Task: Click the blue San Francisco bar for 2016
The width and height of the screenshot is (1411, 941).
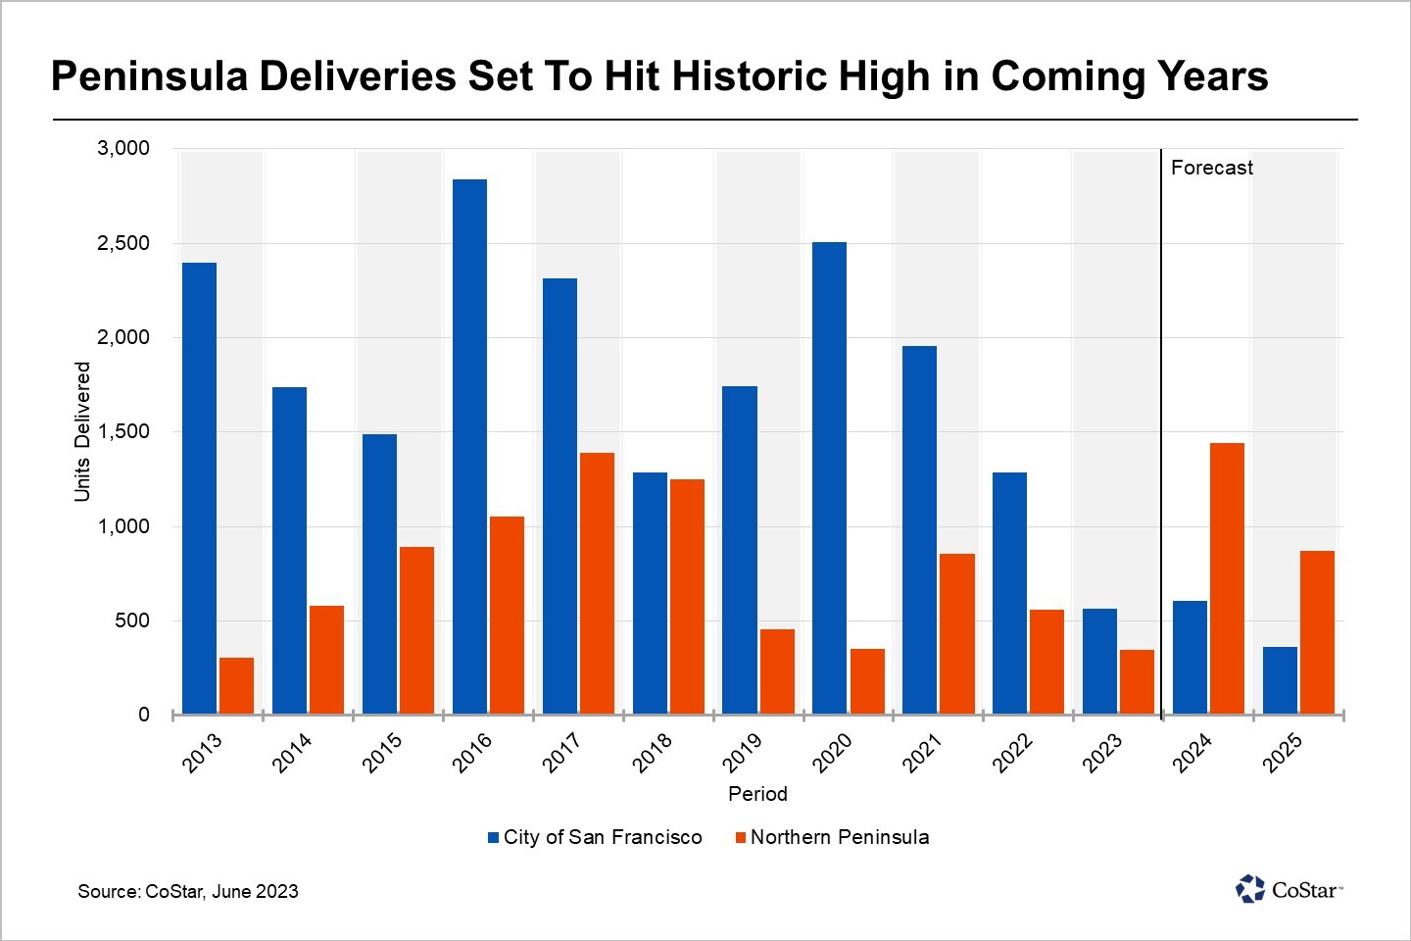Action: [469, 446]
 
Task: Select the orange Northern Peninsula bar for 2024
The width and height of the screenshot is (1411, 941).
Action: [1227, 578]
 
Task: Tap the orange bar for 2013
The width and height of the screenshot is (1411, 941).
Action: [236, 685]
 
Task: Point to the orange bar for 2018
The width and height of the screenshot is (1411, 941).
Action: [687, 596]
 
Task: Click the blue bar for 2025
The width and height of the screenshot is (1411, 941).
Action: [1280, 680]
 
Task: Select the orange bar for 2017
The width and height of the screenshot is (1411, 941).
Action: [597, 583]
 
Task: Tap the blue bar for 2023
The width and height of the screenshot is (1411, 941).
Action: [1099, 661]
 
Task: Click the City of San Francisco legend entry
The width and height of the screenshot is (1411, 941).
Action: [596, 837]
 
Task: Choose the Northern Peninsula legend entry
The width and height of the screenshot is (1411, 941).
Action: [832, 837]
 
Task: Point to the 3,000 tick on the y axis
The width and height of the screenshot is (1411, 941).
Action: [123, 148]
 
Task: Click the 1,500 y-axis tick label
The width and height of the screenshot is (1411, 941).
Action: [123, 431]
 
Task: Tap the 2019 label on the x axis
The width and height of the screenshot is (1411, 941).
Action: [742, 753]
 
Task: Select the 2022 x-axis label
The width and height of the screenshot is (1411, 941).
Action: [1012, 753]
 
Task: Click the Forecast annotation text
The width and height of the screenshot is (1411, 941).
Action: [1211, 168]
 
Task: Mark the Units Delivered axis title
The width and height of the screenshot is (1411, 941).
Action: [82, 431]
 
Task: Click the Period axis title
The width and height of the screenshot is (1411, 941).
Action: [757, 794]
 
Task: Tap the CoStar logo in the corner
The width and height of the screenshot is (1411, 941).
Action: [1289, 889]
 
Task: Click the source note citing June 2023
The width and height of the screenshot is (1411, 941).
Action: [188, 891]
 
